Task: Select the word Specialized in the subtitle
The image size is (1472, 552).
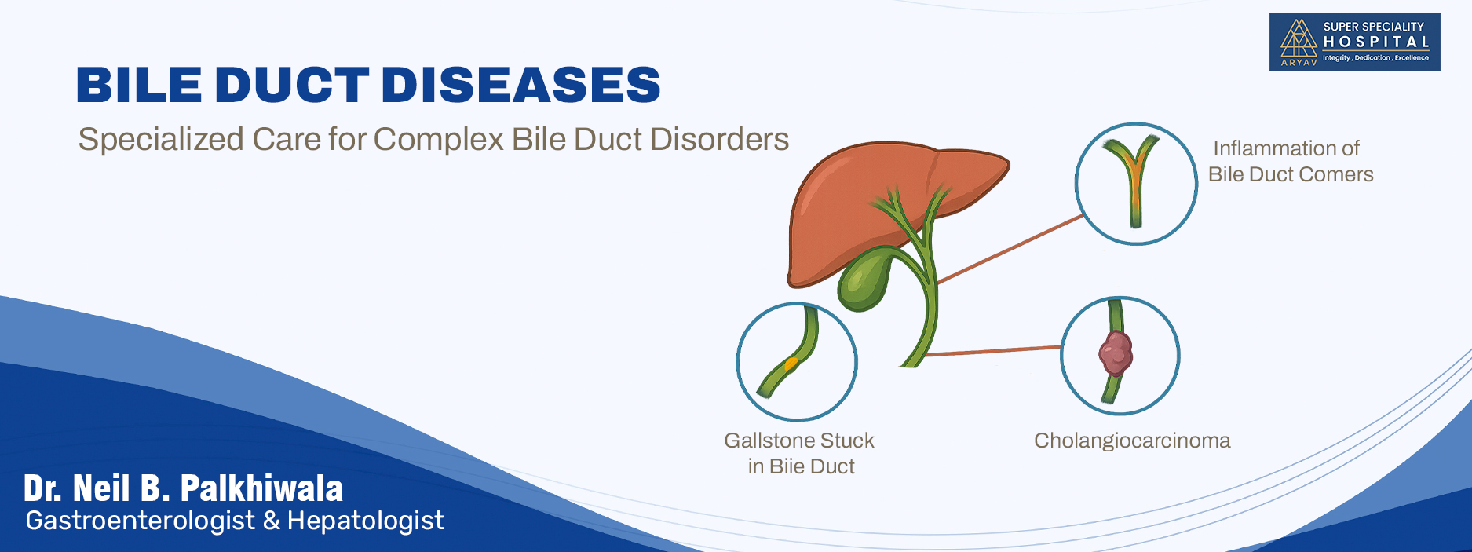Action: click(x=161, y=140)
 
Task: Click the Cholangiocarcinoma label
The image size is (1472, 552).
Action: click(x=1131, y=441)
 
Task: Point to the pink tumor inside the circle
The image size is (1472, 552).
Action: click(x=1115, y=353)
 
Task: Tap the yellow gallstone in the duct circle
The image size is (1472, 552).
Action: click(x=791, y=364)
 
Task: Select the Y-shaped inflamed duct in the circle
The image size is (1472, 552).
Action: click(x=1134, y=177)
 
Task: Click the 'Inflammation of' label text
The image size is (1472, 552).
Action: click(x=1286, y=148)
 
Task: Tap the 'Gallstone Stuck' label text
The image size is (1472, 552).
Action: click(x=798, y=441)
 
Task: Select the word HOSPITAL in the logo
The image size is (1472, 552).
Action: click(x=1376, y=42)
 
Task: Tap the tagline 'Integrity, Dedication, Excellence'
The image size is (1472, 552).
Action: click(x=1375, y=58)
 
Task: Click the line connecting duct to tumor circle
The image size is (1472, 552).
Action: click(x=993, y=351)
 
